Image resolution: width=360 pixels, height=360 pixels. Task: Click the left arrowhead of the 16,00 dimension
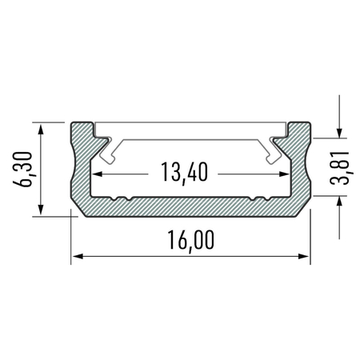[78, 257]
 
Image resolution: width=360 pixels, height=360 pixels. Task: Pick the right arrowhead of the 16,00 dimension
[305, 257]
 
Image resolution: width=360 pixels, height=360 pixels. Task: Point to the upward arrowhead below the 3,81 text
[341, 204]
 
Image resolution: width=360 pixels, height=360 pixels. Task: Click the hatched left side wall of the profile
[82, 172]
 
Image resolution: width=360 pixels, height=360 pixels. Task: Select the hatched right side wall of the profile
[302, 172]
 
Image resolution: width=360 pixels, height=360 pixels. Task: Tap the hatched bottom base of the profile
[190, 206]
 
